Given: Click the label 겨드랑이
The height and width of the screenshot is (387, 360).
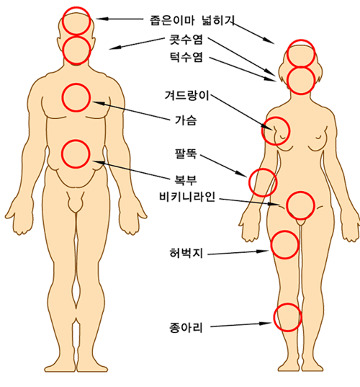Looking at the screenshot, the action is point(187,96).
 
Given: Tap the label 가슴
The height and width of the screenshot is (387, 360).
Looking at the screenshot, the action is point(186,120).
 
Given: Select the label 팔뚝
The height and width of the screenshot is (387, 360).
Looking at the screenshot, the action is point(186,154).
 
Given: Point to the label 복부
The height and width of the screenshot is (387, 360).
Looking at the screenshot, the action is point(186,179).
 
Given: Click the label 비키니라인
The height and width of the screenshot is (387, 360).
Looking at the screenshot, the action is point(187,197).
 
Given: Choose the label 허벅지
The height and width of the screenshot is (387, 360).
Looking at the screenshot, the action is point(186,253).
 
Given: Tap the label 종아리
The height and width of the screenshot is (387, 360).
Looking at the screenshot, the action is point(186,328).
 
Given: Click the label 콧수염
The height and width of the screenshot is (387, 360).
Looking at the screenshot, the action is point(186,40).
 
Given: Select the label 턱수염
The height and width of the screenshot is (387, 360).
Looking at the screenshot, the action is point(186,57).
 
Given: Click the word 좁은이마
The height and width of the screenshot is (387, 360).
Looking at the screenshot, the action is point(172,20).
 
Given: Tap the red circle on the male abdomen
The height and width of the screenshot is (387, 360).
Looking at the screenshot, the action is point(76,141).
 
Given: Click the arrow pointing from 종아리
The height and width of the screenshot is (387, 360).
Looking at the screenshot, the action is point(241,324).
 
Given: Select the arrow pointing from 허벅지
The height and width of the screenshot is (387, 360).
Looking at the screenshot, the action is point(238,252).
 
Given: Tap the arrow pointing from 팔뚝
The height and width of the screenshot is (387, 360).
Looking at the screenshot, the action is point(224,166).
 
